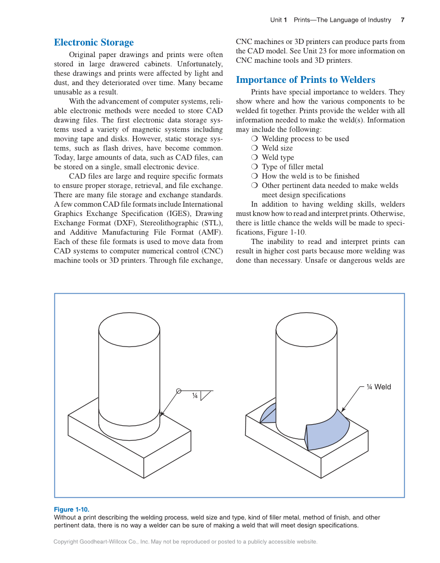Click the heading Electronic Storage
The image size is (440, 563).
tap(94, 42)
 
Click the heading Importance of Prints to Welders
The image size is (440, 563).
tap(305, 80)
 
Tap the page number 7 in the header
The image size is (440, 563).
tap(402, 20)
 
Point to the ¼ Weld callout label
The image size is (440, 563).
tap(378, 387)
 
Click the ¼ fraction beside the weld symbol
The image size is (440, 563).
tap(195, 396)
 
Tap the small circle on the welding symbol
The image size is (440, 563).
tap(179, 391)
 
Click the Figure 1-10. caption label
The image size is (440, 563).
tap(68, 509)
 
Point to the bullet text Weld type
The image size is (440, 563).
tap(278, 157)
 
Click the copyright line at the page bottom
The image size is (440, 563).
tap(185, 542)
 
